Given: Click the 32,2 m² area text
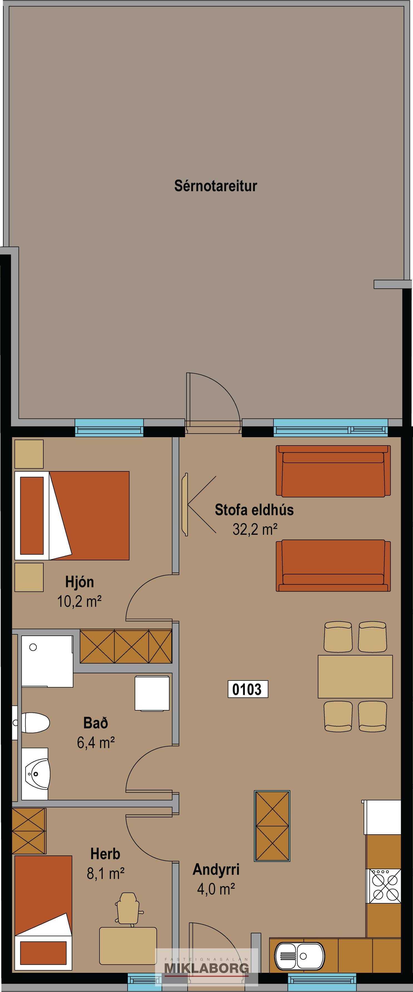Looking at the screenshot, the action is click(x=255, y=530).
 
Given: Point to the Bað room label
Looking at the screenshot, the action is click(x=95, y=723).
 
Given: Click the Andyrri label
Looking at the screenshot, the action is click(x=216, y=870).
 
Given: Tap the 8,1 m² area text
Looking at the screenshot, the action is click(x=105, y=874).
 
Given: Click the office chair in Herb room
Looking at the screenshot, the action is click(x=128, y=910).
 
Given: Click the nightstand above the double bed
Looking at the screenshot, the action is click(x=29, y=454).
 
